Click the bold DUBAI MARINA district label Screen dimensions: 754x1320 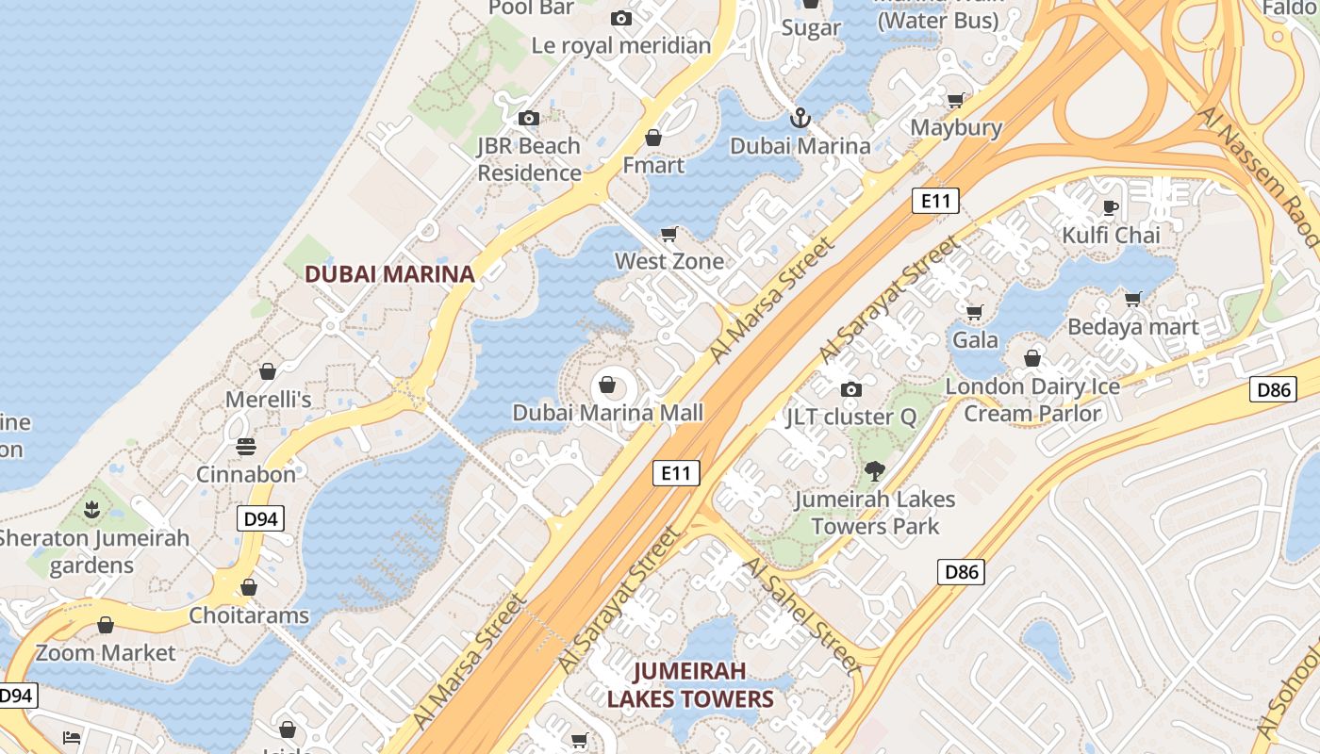389,274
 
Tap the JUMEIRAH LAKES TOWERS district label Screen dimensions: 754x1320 690,685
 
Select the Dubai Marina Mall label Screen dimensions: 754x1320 608,413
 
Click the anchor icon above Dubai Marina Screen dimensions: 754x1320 800,119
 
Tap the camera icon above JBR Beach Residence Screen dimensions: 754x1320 529,118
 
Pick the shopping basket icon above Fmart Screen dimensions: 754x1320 652,139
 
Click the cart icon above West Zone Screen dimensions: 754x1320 669,234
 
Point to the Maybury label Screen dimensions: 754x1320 956,127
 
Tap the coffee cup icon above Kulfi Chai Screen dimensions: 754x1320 1111,207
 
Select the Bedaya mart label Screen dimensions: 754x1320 1133,327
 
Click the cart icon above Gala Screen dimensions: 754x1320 975,312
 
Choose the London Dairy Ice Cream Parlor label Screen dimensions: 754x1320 1032,400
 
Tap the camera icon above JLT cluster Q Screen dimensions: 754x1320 850,389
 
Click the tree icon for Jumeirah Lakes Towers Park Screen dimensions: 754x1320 875,471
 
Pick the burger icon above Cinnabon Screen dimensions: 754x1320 246,447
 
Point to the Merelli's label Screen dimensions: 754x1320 268,400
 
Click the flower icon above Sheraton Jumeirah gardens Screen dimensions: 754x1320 91,511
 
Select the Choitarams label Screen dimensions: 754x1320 249,615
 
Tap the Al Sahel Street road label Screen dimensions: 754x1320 801,615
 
